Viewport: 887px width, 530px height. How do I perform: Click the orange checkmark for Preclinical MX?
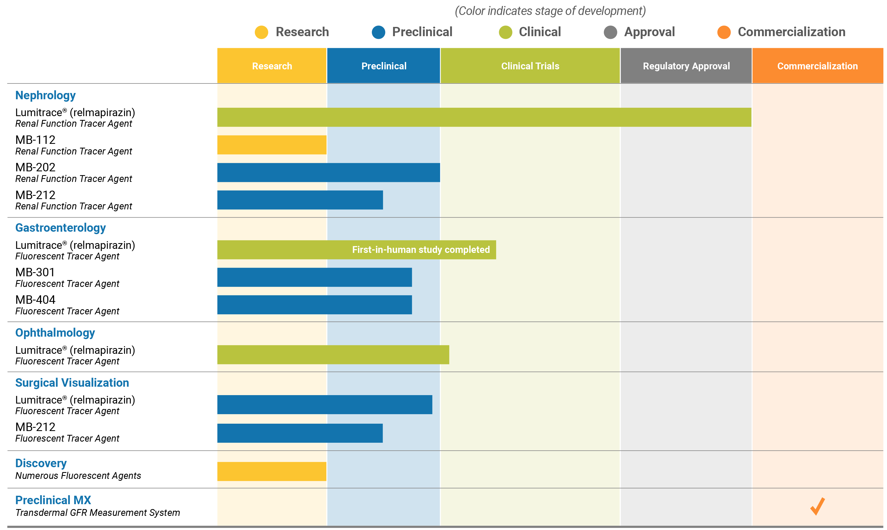point(817,506)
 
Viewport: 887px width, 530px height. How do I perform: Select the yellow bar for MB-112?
point(272,145)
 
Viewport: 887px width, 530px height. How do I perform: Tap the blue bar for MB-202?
point(329,172)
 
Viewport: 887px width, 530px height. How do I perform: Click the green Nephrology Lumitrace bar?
point(484,117)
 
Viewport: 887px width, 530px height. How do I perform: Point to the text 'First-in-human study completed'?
point(421,250)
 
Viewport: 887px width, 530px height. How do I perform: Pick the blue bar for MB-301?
point(314,277)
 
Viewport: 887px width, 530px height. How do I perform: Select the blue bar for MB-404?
point(314,305)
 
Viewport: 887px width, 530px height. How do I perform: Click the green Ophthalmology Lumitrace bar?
point(333,355)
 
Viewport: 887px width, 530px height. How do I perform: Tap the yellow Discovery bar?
point(272,472)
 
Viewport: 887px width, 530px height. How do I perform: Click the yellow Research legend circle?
point(261,32)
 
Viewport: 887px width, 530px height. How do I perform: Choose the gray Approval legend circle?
point(610,32)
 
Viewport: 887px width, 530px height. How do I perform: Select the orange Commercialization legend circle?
point(724,32)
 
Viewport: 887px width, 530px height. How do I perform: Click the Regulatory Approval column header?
point(686,66)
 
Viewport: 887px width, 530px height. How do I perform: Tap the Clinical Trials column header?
point(530,66)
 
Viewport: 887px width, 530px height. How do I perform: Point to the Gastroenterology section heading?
point(60,228)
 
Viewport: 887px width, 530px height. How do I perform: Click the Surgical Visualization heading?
point(72,383)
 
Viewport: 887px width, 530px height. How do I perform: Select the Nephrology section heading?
point(45,95)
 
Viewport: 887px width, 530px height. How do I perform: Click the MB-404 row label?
point(35,300)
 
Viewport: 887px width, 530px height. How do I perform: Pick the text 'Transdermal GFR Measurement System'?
point(98,513)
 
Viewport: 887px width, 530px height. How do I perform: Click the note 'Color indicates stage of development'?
point(550,11)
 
